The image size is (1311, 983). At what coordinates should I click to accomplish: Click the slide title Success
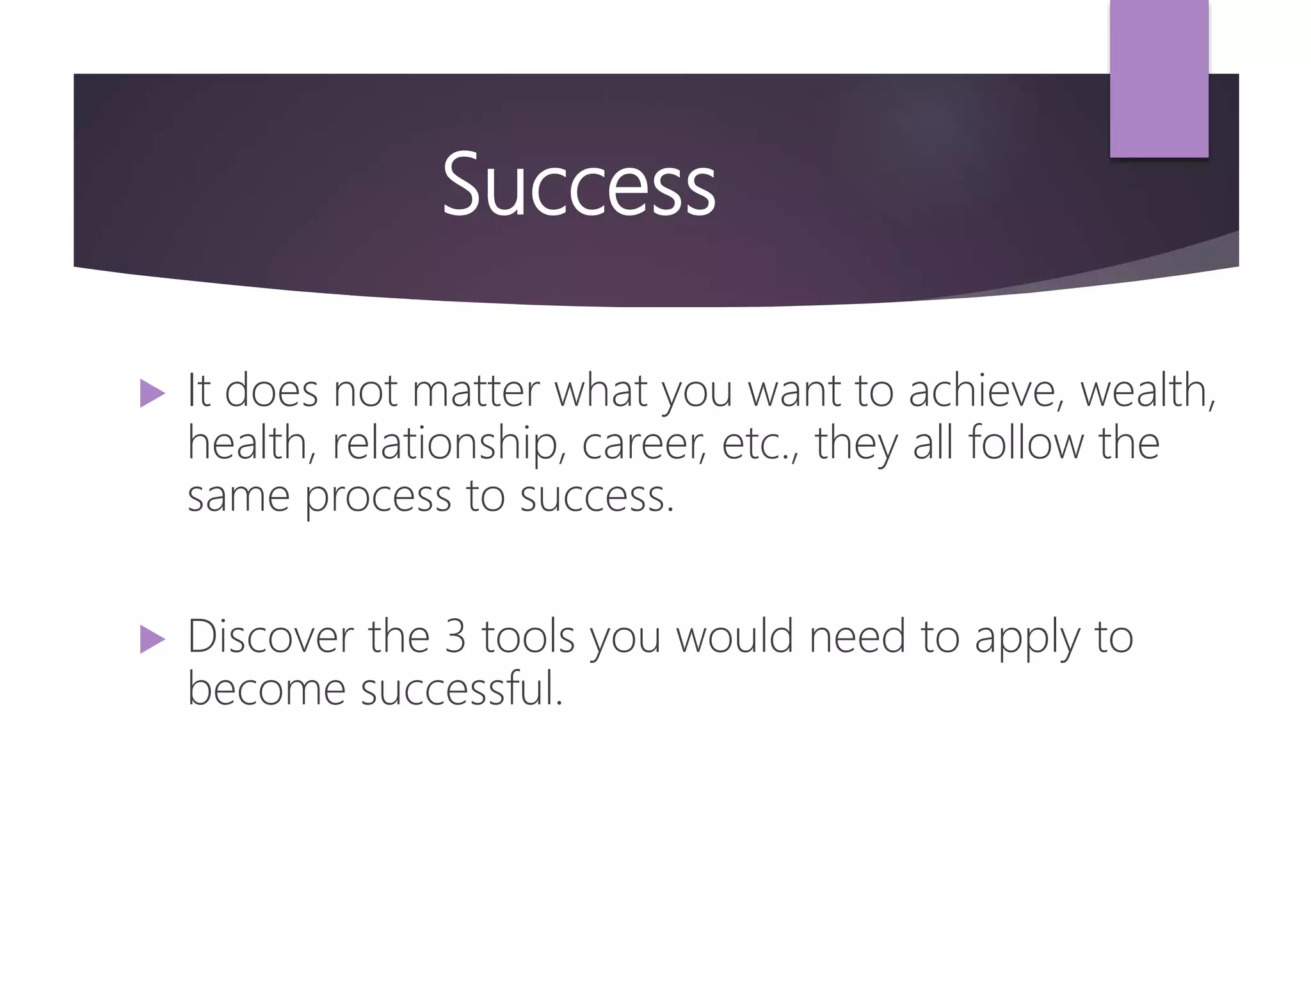coord(579,184)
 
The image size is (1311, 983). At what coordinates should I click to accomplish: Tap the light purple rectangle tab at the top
coord(1159,78)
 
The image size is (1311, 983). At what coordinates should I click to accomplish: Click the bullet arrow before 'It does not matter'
coord(152,393)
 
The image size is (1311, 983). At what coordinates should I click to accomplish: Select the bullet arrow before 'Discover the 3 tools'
coord(152,639)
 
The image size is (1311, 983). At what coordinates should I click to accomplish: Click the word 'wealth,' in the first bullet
coord(1148,390)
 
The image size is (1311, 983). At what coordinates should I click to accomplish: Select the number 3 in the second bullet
coord(454,637)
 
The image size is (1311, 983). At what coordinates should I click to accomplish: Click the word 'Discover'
coord(270,637)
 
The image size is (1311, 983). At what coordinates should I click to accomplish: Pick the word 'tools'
coord(528,637)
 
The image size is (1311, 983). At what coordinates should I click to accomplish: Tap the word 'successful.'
coord(462,690)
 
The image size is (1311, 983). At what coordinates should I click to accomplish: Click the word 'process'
coord(378,497)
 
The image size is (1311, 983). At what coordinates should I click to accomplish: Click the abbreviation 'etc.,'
coord(760,444)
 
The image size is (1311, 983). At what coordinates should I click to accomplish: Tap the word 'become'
coord(266,690)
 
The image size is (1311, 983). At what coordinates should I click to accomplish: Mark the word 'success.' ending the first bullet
coord(597,497)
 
